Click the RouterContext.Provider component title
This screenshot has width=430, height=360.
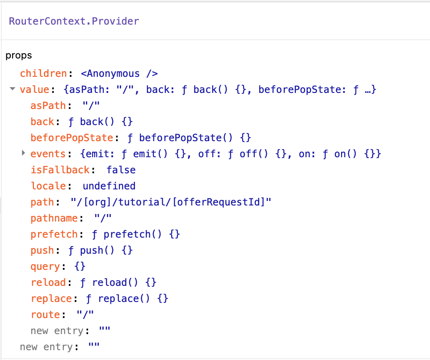click(74, 21)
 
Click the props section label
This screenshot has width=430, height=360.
click(19, 56)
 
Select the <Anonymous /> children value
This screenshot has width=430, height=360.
click(119, 74)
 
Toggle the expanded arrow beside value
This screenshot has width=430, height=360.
click(13, 90)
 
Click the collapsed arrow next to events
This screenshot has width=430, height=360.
click(23, 154)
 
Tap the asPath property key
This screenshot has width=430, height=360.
click(48, 106)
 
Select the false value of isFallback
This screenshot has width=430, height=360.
click(121, 170)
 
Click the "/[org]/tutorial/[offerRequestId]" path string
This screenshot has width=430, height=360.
click(171, 202)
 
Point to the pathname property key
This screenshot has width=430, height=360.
click(54, 218)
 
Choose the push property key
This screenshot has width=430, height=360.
click(42, 251)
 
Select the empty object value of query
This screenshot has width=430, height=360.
click(80, 267)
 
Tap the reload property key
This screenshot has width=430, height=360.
click(48, 283)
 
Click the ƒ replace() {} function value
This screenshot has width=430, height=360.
click(124, 299)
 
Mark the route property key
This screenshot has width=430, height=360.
click(45, 315)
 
